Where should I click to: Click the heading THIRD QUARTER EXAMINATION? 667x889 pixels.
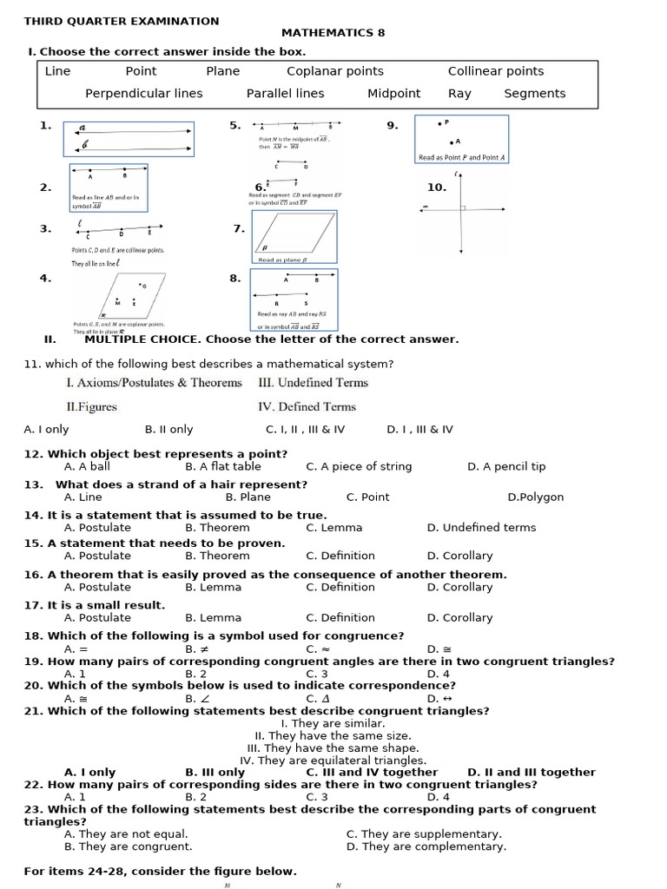122,21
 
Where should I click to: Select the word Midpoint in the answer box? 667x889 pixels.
393,94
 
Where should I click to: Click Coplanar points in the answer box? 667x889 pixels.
334,71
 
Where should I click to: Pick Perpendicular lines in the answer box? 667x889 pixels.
143,94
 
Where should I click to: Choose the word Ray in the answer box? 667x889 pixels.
459,94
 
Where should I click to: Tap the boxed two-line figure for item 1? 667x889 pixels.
129,139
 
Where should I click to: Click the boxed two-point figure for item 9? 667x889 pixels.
460,139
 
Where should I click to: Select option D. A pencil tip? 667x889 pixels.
506,467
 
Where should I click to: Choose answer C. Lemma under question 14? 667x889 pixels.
333,528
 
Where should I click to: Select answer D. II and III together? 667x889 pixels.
531,772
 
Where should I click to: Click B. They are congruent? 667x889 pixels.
128,846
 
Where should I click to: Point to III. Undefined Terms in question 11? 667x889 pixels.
313,383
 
